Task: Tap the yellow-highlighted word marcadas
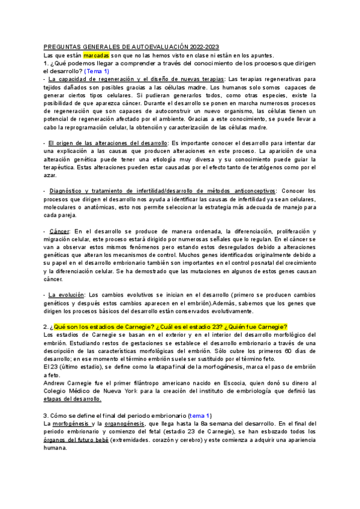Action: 96,55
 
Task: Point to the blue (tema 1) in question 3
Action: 200,415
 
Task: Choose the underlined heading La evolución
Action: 65,295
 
